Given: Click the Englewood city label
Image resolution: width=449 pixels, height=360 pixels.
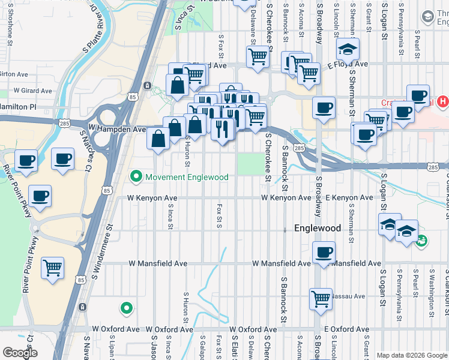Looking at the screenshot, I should click(318, 228).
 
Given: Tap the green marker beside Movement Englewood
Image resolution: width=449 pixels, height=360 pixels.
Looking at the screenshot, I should click(136, 177).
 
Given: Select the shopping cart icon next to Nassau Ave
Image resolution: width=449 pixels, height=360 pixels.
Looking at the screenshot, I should click(321, 298).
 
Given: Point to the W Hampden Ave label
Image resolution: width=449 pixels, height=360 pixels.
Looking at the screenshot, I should click(117, 128).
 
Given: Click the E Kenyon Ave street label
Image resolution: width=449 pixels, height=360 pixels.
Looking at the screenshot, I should click(349, 197).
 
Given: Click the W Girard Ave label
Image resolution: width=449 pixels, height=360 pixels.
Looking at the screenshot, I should click(32, 91).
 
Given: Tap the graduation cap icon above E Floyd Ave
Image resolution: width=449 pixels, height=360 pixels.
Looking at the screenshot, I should click(347, 49).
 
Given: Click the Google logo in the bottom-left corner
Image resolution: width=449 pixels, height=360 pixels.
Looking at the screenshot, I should click(20, 353).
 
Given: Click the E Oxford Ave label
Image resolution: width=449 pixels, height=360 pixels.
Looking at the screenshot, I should click(345, 329).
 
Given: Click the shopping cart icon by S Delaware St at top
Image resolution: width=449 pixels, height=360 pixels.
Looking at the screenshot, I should click(258, 57).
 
